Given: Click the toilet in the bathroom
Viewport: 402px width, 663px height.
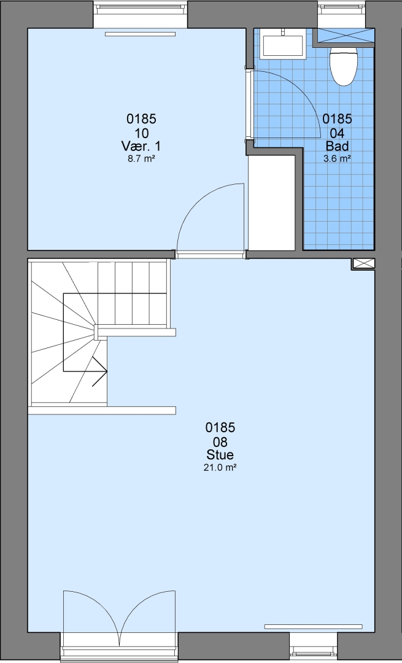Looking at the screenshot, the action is tap(343, 66).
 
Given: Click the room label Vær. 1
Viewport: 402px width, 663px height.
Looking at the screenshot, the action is tap(141, 146).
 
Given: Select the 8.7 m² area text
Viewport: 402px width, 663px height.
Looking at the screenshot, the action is tap(141, 159).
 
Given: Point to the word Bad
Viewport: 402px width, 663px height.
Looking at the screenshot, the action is tap(337, 146).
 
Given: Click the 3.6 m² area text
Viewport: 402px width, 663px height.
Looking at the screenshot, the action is tap(337, 159).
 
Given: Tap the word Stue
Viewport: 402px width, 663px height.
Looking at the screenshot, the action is tap(220, 455).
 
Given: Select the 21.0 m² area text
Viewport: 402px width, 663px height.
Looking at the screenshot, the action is tap(220, 468).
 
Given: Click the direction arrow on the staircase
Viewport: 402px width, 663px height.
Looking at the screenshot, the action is tap(100, 371).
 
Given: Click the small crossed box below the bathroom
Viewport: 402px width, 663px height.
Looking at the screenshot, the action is tap(363, 264).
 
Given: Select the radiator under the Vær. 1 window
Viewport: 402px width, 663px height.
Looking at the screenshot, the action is tap(140, 34).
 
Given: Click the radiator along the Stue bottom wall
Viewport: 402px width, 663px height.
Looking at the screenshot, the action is tap(313, 627).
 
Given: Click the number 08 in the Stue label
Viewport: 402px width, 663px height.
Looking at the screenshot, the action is tap(220, 442).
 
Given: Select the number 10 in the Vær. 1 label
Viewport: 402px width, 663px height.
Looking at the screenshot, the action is tap(141, 134).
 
